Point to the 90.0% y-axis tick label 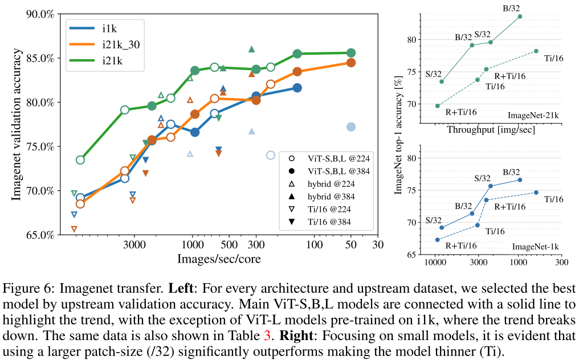coord(40,14)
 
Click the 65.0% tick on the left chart coord(40,234)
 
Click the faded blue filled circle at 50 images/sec coord(351,126)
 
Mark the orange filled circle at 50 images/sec coord(351,63)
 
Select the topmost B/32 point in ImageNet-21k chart coord(520,17)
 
